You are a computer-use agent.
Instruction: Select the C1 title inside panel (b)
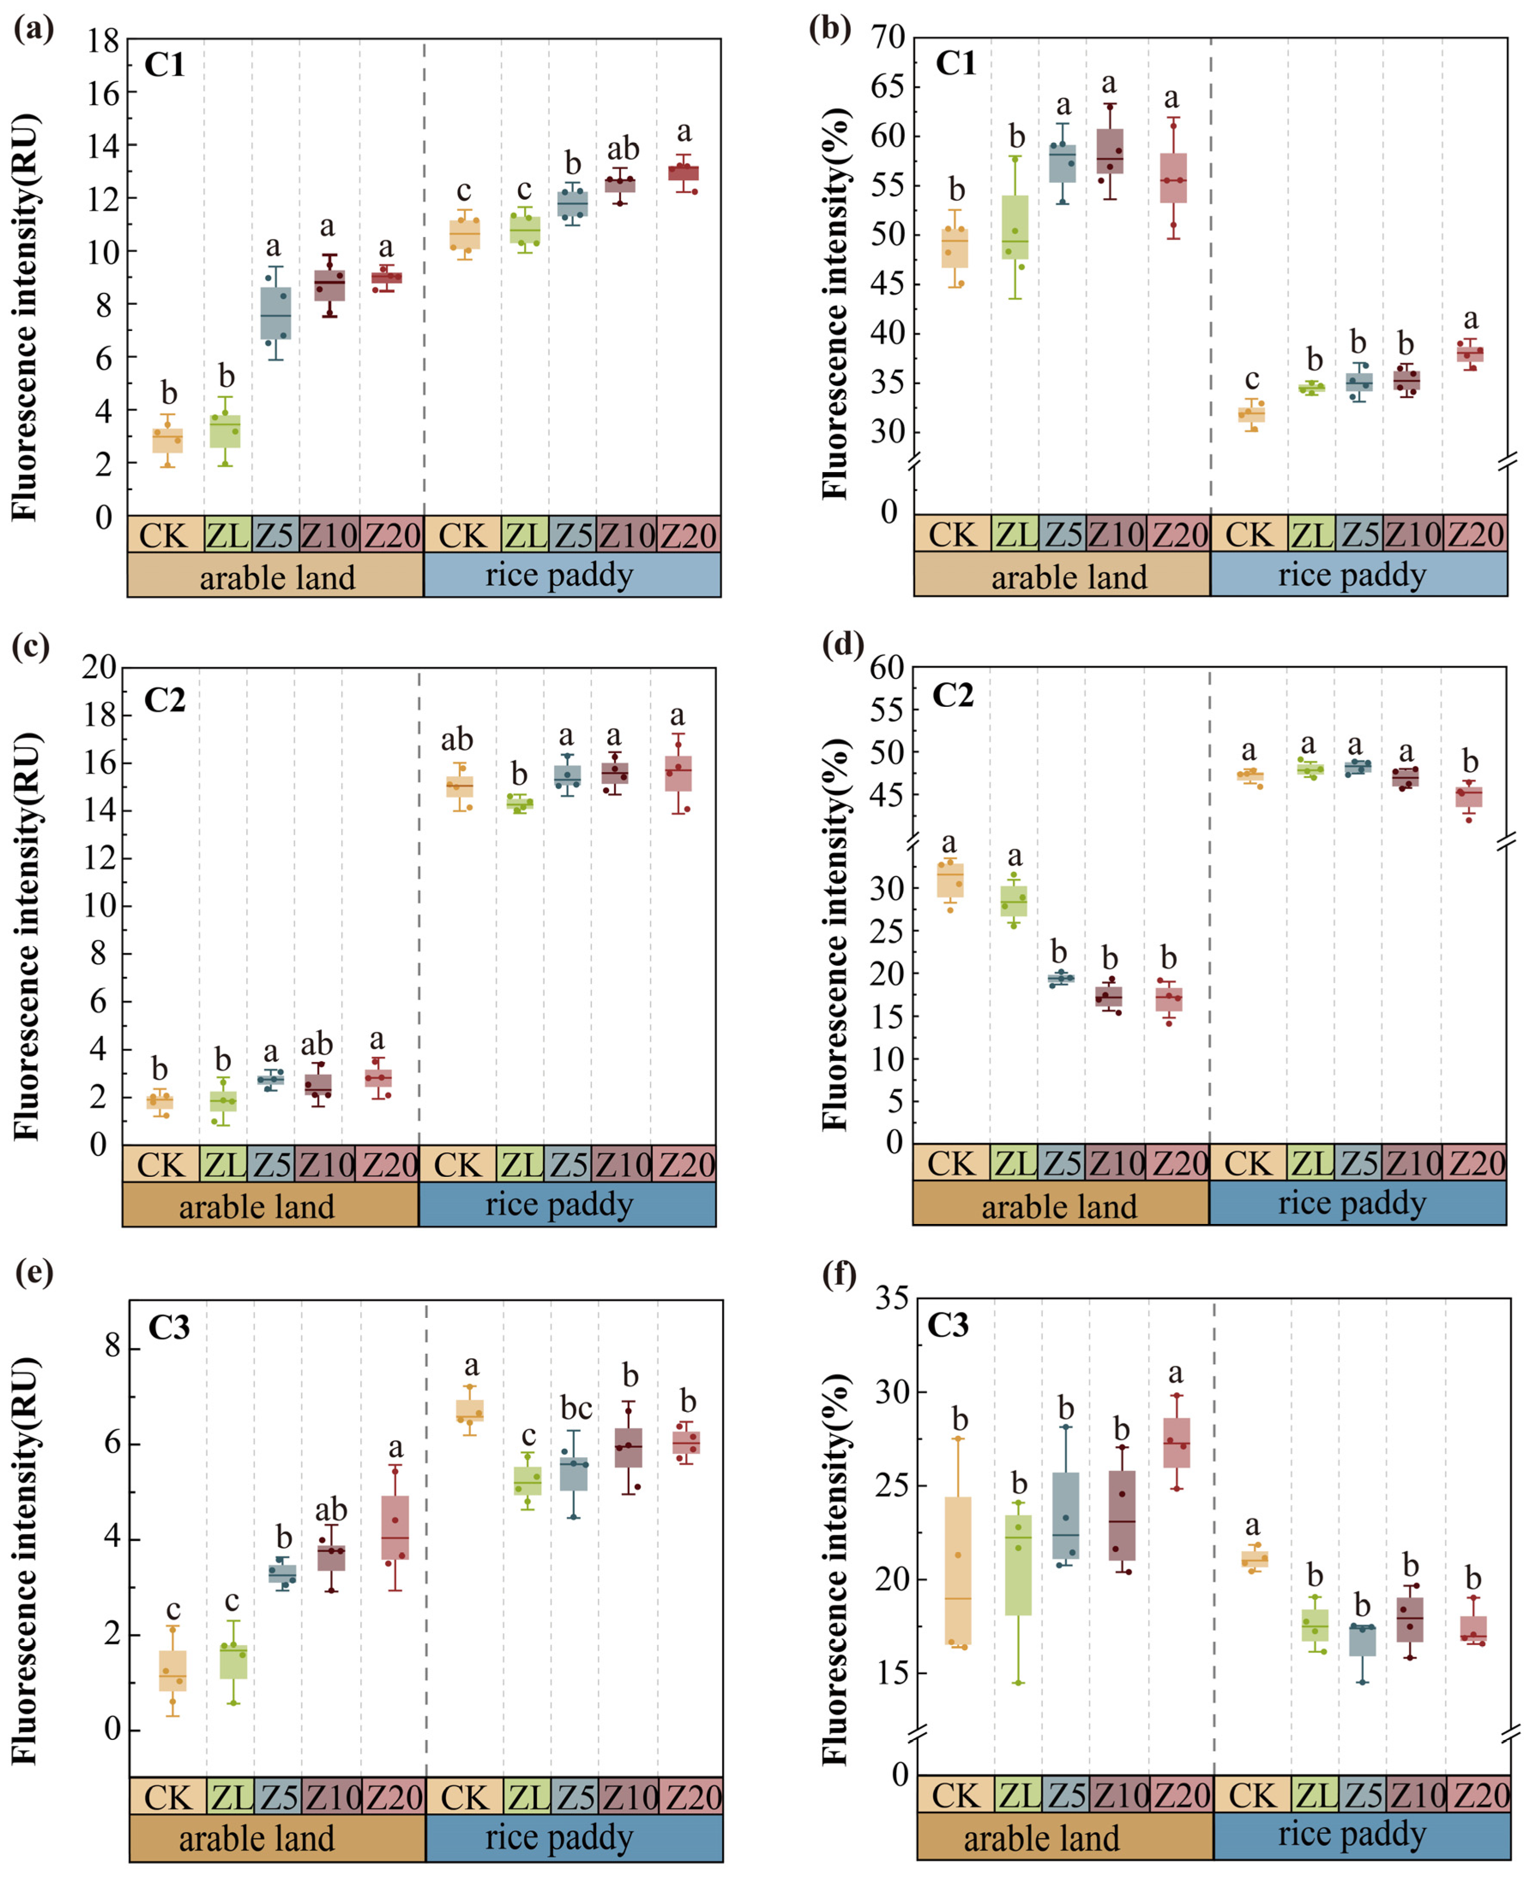pyautogui.click(x=955, y=64)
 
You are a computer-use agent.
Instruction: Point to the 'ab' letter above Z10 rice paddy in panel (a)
pyautogui.click(x=623, y=149)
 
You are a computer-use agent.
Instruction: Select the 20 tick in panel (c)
pyautogui.click(x=99, y=667)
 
